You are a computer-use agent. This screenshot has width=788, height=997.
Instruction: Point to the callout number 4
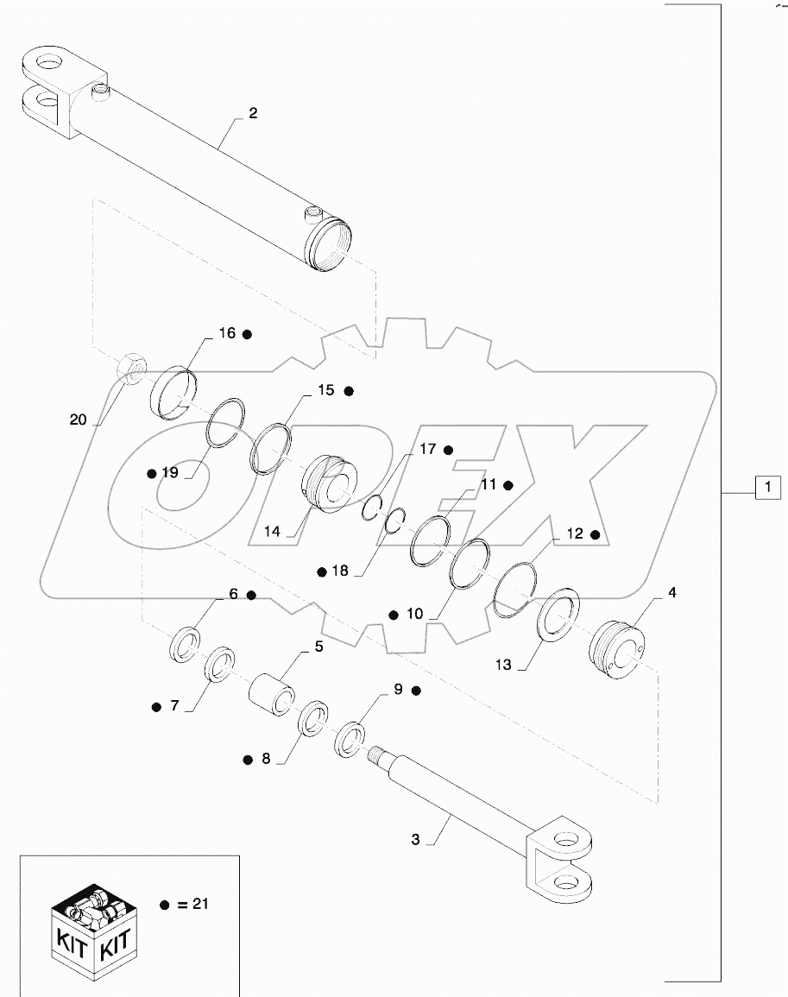click(x=672, y=594)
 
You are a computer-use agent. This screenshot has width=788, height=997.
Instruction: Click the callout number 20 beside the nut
click(x=79, y=420)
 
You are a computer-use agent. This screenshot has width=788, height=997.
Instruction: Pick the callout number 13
click(x=503, y=665)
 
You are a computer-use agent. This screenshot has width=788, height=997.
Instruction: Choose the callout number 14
click(x=273, y=532)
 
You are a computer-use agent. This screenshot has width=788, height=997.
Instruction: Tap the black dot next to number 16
click(x=247, y=333)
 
